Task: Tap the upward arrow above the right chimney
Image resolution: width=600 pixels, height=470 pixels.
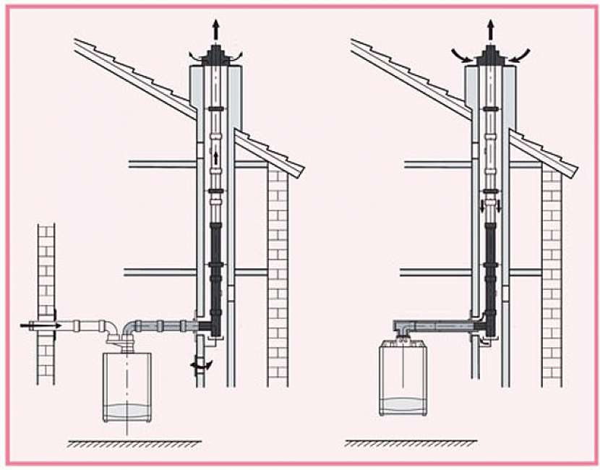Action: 491,30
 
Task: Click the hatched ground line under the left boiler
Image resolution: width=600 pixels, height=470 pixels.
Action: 134,442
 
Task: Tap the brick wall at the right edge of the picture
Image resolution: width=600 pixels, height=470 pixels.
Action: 552,275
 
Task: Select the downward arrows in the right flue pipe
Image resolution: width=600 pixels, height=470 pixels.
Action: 491,207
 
